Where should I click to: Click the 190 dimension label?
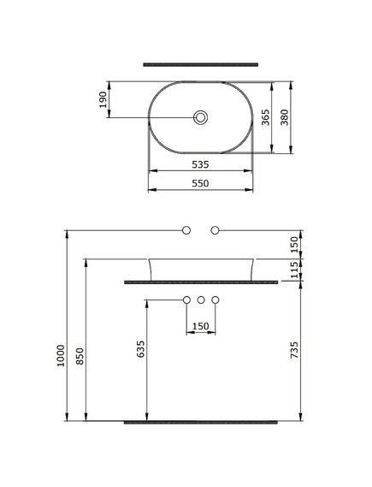tap(103, 99)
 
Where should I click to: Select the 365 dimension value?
tap(266, 117)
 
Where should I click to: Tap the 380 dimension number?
tap(285, 117)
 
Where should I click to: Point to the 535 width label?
tap(200, 164)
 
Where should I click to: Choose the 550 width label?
tap(200, 183)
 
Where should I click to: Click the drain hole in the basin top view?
tap(200, 117)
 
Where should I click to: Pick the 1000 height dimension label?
tap(61, 356)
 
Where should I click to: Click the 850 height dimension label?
tap(80, 356)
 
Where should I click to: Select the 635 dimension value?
tap(141, 349)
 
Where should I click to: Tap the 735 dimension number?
tap(294, 350)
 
